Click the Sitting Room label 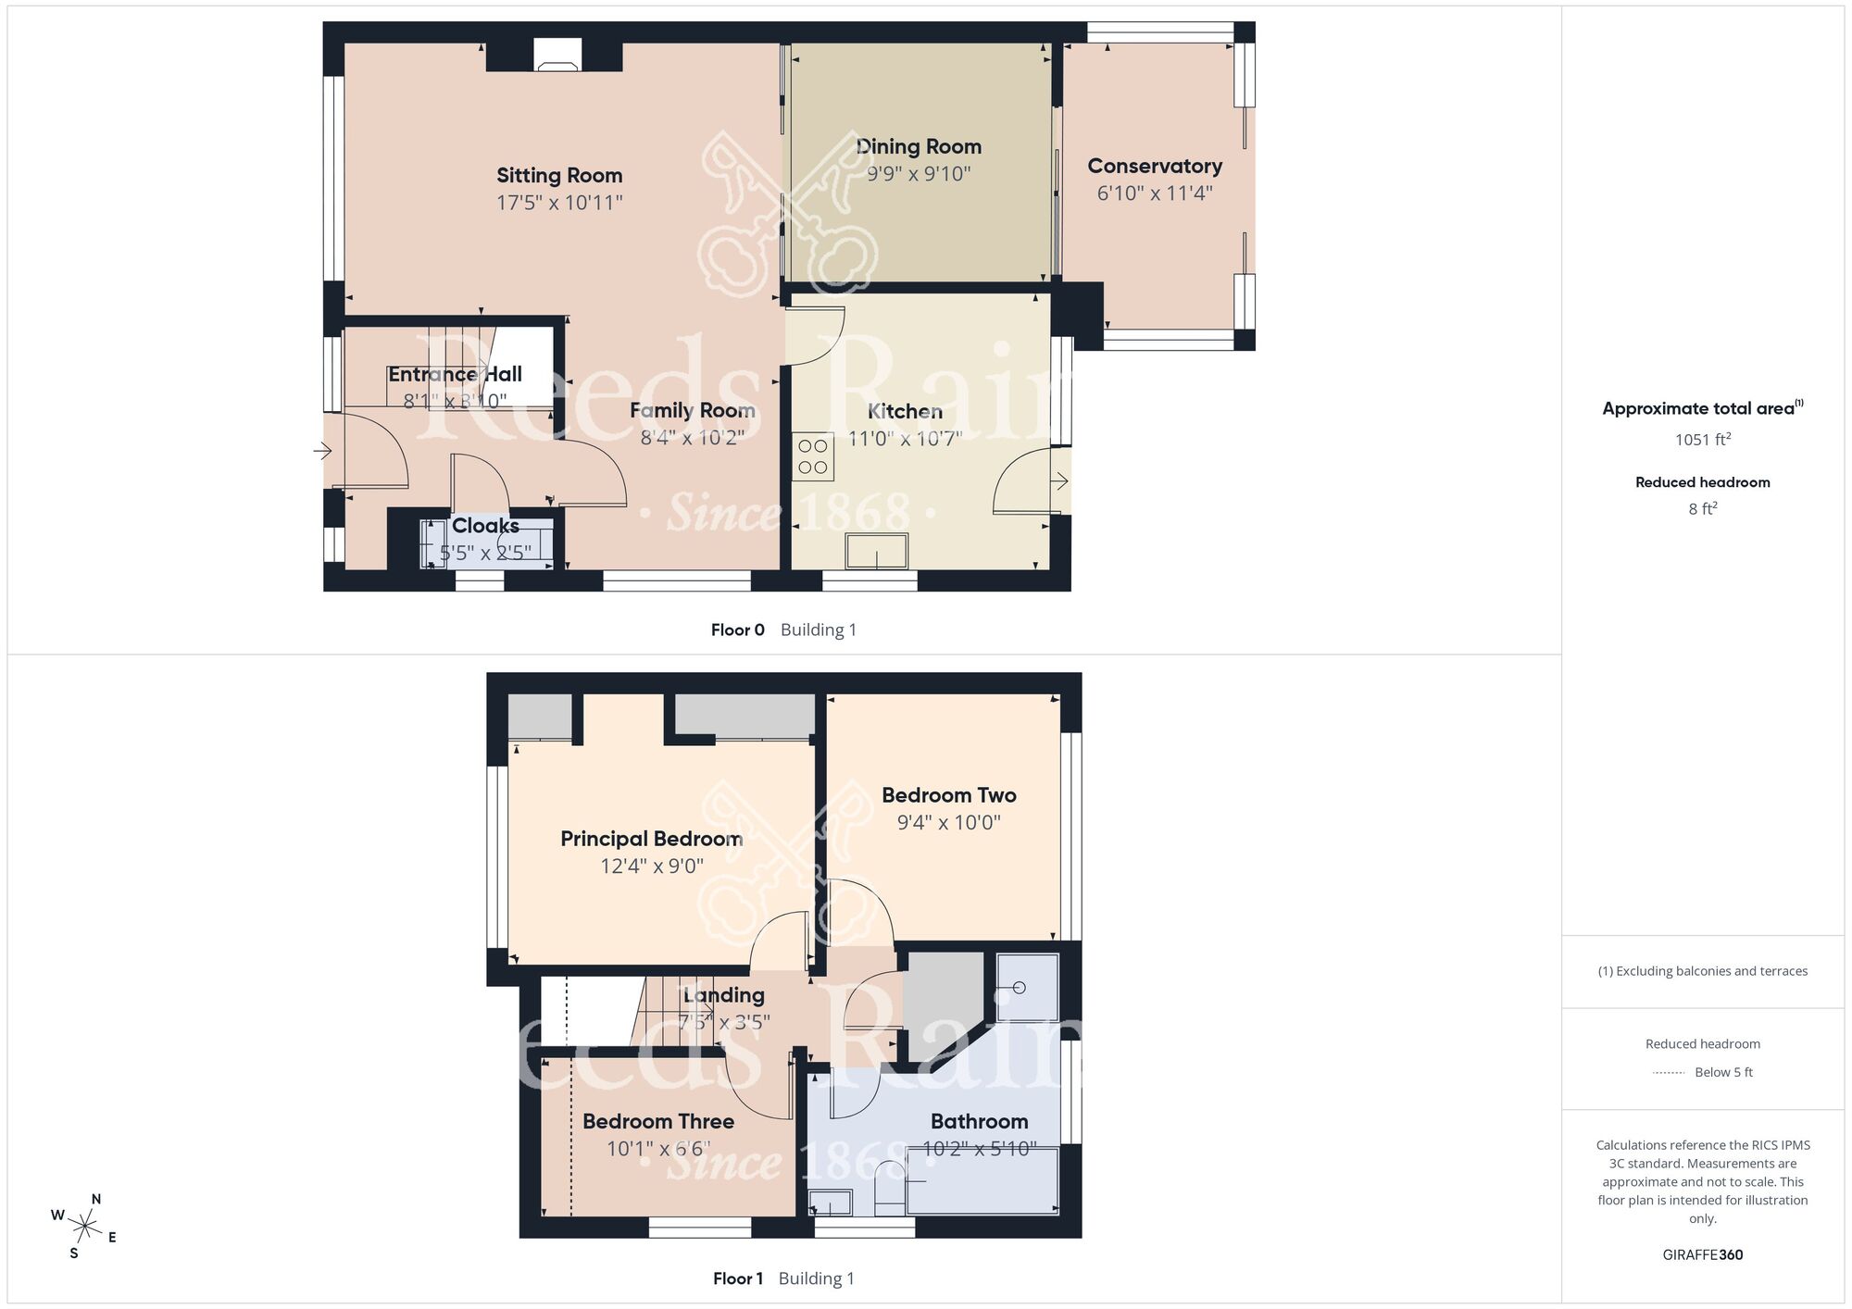[559, 176]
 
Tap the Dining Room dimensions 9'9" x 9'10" [918, 174]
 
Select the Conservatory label [1154, 167]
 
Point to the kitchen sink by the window [877, 551]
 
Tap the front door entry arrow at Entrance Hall [322, 452]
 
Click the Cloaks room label [485, 526]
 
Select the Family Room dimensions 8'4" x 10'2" [692, 438]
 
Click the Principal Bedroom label [651, 839]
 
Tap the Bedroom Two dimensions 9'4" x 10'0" [948, 822]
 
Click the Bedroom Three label [657, 1121]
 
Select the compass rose [84, 1227]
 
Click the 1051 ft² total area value [1702, 440]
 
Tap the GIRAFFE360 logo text [1702, 1255]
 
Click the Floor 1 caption [737, 1278]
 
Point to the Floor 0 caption [737, 630]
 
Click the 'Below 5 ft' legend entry [1722, 1072]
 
